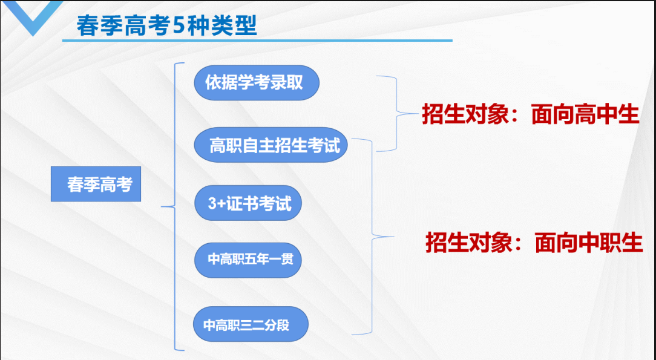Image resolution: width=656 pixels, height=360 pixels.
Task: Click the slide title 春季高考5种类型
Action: click(166, 26)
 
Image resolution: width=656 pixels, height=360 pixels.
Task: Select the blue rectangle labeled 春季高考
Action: click(96, 184)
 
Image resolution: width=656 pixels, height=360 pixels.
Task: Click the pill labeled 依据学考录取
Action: click(257, 83)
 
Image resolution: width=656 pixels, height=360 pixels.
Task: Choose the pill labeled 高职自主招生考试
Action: click(271, 145)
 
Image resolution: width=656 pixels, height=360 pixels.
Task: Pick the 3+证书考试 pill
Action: click(248, 203)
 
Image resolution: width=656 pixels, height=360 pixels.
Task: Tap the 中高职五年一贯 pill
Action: click(248, 260)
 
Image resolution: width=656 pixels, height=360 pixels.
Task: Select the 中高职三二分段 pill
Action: click(251, 324)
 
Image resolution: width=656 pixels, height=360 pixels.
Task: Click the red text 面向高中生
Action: click(585, 114)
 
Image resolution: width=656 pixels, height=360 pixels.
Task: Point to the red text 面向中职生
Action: click(589, 242)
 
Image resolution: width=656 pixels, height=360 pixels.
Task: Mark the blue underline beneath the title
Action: click(257, 41)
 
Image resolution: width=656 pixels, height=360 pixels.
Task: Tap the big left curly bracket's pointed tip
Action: click(162, 206)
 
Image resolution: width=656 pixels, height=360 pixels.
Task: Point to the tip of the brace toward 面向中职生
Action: click(394, 237)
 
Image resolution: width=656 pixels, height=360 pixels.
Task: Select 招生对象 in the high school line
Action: click(465, 114)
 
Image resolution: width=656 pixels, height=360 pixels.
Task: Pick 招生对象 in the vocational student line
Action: click(468, 242)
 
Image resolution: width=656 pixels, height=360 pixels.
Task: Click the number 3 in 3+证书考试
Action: click(212, 204)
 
